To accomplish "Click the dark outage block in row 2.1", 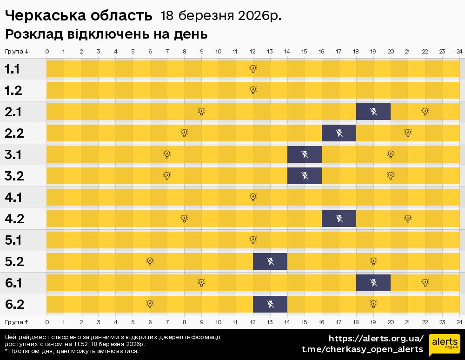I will click(x=373, y=112).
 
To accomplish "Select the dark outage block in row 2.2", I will click(x=339, y=133).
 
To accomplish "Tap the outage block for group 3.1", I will click(x=305, y=154).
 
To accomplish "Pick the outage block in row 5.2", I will click(x=270, y=261).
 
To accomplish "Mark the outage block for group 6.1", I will click(x=373, y=283).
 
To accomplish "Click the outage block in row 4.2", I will click(x=339, y=219).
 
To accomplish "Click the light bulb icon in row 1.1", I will click(x=253, y=69).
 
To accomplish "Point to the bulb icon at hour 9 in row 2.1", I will click(x=201, y=112).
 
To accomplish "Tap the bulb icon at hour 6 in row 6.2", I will click(x=150, y=304).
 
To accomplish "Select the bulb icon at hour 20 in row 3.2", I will click(x=391, y=176).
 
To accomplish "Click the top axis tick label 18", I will click(x=356, y=51).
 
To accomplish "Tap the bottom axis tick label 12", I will click(x=253, y=322).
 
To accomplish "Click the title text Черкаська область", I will click(x=79, y=16).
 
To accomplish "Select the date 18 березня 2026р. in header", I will click(x=221, y=16).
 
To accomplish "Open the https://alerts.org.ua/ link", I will click(x=376, y=338).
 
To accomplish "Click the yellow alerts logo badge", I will click(x=444, y=345).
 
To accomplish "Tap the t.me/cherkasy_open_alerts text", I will click(x=362, y=349).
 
